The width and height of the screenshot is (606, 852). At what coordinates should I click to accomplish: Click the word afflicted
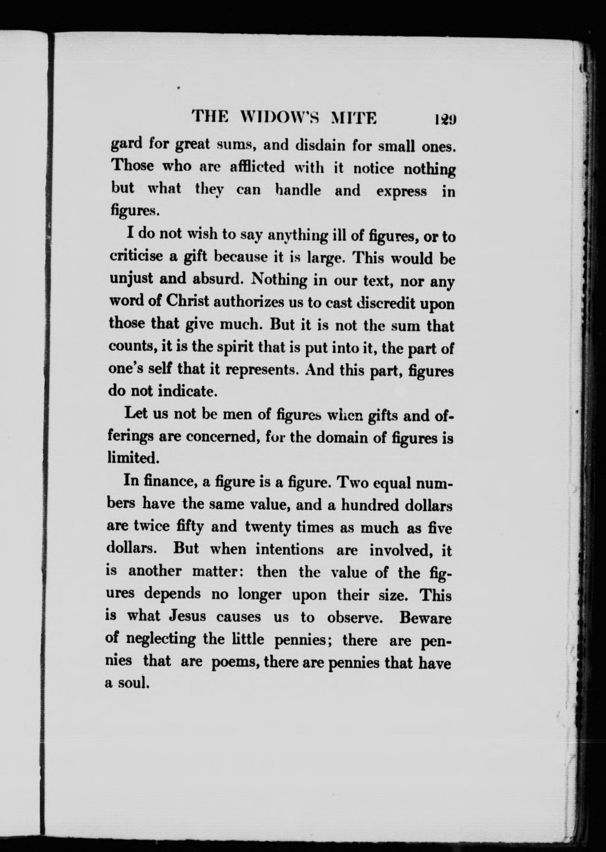click(x=257, y=167)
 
